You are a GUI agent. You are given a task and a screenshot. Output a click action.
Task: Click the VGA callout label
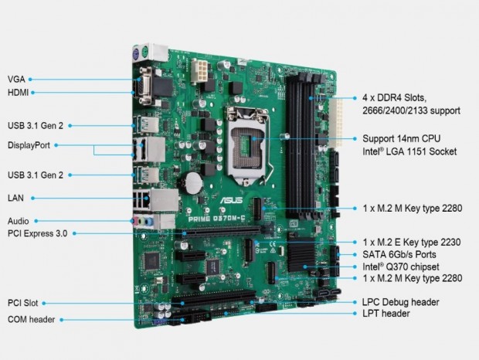15,79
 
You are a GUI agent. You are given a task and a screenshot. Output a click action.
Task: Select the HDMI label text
19,93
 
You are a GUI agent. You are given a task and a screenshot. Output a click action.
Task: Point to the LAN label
15,198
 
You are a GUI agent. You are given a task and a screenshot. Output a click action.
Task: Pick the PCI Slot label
23,304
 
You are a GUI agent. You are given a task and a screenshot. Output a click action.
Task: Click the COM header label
32,319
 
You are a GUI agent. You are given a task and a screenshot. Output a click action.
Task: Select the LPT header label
386,314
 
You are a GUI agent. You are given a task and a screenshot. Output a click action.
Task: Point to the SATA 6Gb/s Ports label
399,253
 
